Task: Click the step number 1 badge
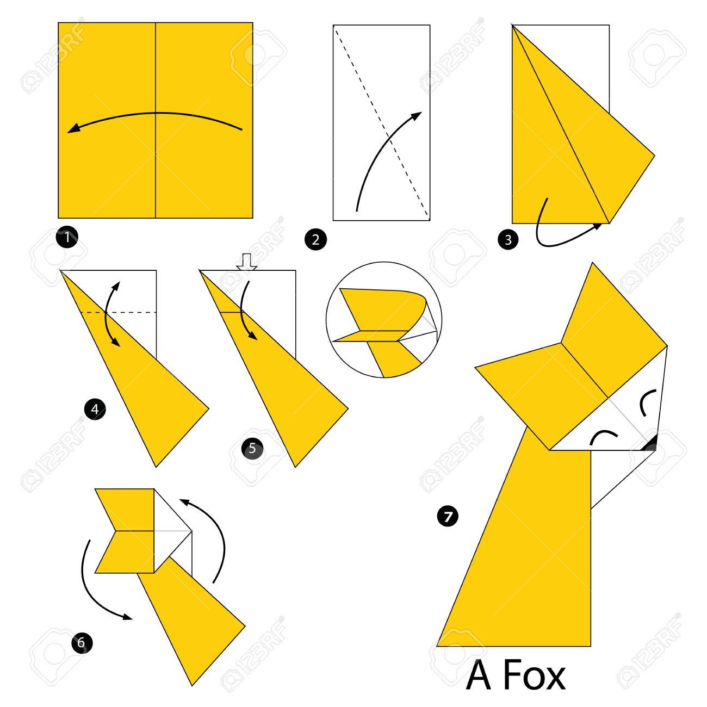(67, 237)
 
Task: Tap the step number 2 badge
(315, 240)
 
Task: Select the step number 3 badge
(508, 240)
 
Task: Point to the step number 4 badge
(95, 409)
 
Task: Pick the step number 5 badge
(252, 448)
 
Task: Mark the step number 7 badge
(448, 517)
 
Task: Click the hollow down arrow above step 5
(247, 262)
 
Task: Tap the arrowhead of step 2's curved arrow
(417, 116)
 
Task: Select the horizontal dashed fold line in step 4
(118, 312)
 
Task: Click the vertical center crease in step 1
(156, 120)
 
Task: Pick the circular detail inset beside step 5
(384, 320)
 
